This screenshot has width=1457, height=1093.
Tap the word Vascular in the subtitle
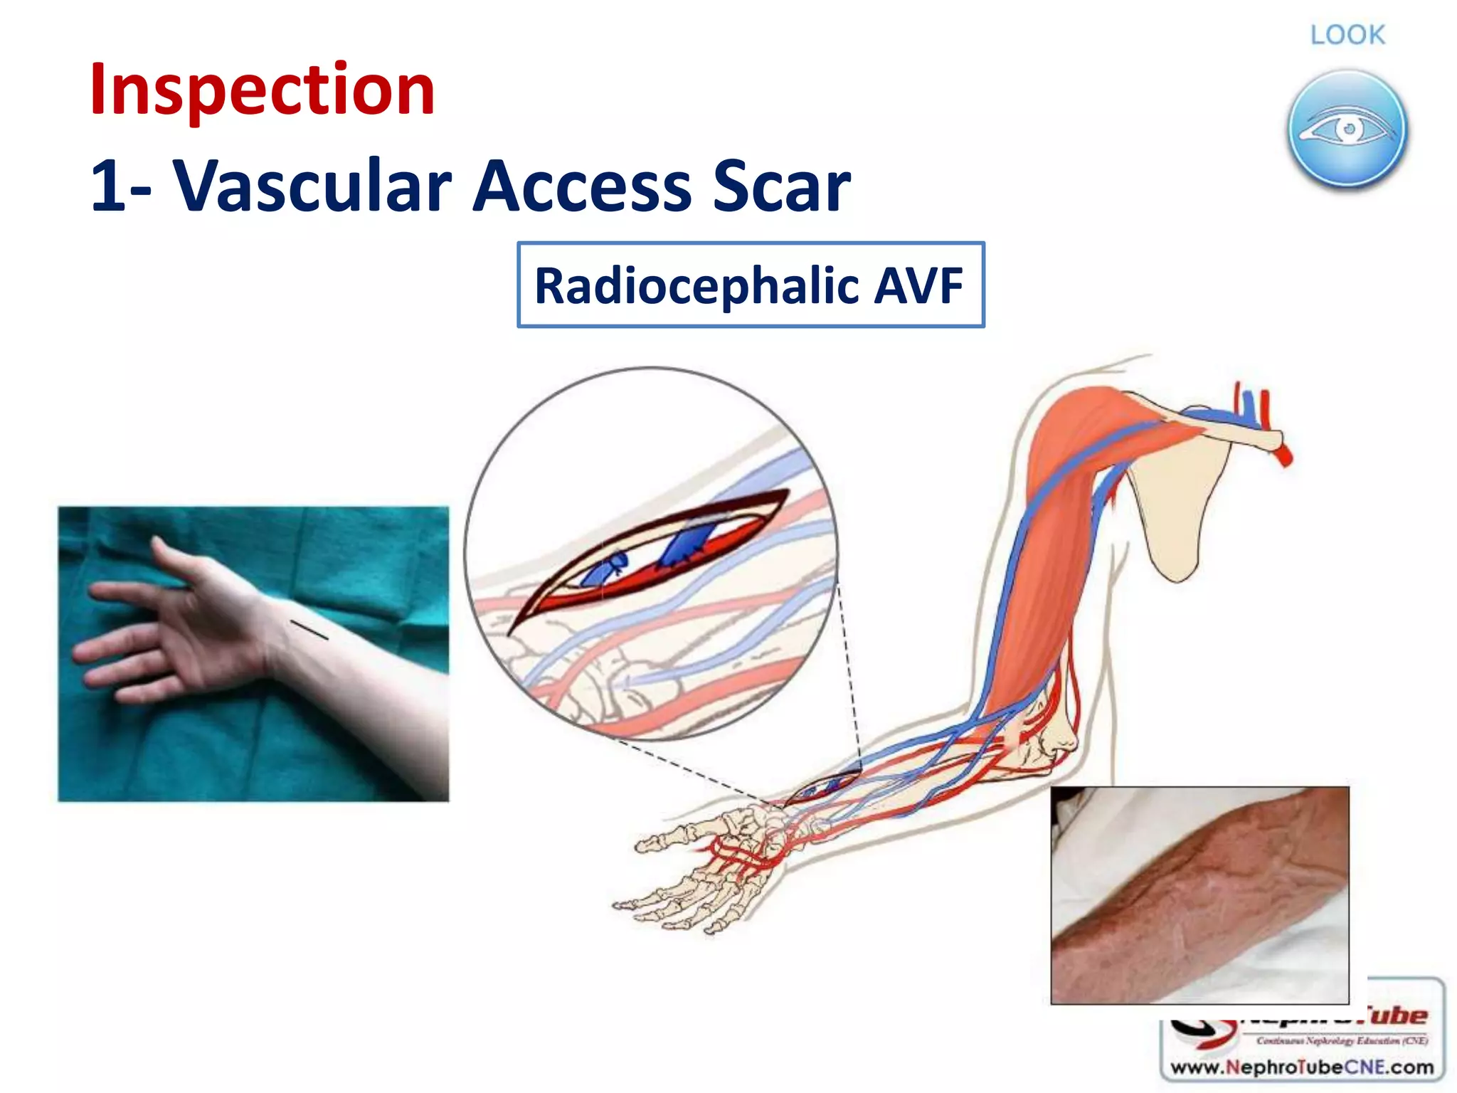313,186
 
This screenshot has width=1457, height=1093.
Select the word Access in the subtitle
581,186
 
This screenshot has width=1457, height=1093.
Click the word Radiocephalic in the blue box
697,285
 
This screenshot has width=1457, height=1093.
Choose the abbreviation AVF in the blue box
918,285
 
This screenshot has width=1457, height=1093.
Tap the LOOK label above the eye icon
1347,35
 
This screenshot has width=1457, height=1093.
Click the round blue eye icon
1347,129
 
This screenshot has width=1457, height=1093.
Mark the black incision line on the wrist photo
309,630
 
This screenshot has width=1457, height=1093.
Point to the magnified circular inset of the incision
651,554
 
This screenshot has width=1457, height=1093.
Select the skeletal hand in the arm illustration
704,868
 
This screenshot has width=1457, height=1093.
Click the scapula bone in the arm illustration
1181,498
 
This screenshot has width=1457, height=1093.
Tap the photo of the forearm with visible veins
1199,894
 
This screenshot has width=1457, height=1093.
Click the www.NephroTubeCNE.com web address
1302,1067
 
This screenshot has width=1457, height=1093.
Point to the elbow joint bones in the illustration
1046,740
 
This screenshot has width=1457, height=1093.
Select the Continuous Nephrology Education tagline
1342,1041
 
